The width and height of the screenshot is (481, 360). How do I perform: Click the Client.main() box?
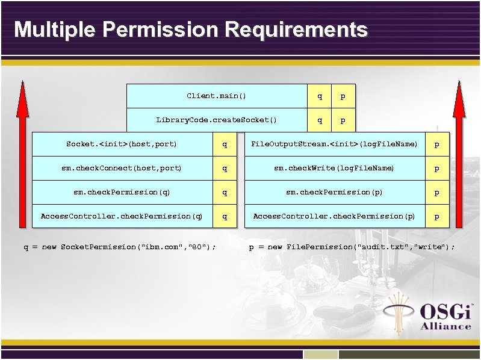217,96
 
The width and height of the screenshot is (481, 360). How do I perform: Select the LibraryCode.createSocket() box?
217,120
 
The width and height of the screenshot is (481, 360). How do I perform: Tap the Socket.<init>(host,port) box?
122,144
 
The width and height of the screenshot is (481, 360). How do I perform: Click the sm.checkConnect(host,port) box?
122,169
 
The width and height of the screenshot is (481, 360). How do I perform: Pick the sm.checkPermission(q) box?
122,193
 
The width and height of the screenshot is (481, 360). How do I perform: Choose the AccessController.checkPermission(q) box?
122,216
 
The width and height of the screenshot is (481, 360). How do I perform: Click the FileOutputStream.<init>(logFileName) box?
334,144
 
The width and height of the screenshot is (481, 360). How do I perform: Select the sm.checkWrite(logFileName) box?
334,169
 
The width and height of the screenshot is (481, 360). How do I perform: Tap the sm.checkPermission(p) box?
334,193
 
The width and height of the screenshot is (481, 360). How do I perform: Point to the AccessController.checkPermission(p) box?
334,216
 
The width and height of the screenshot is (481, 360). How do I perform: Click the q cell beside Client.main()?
320,96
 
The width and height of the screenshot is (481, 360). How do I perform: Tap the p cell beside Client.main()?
343,96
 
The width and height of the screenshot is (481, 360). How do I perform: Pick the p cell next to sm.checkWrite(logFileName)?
437,169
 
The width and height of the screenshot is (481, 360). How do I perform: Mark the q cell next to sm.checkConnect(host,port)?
225,169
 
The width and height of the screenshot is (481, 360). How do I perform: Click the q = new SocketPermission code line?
120,247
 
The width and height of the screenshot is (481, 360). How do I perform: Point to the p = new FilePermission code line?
352,247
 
